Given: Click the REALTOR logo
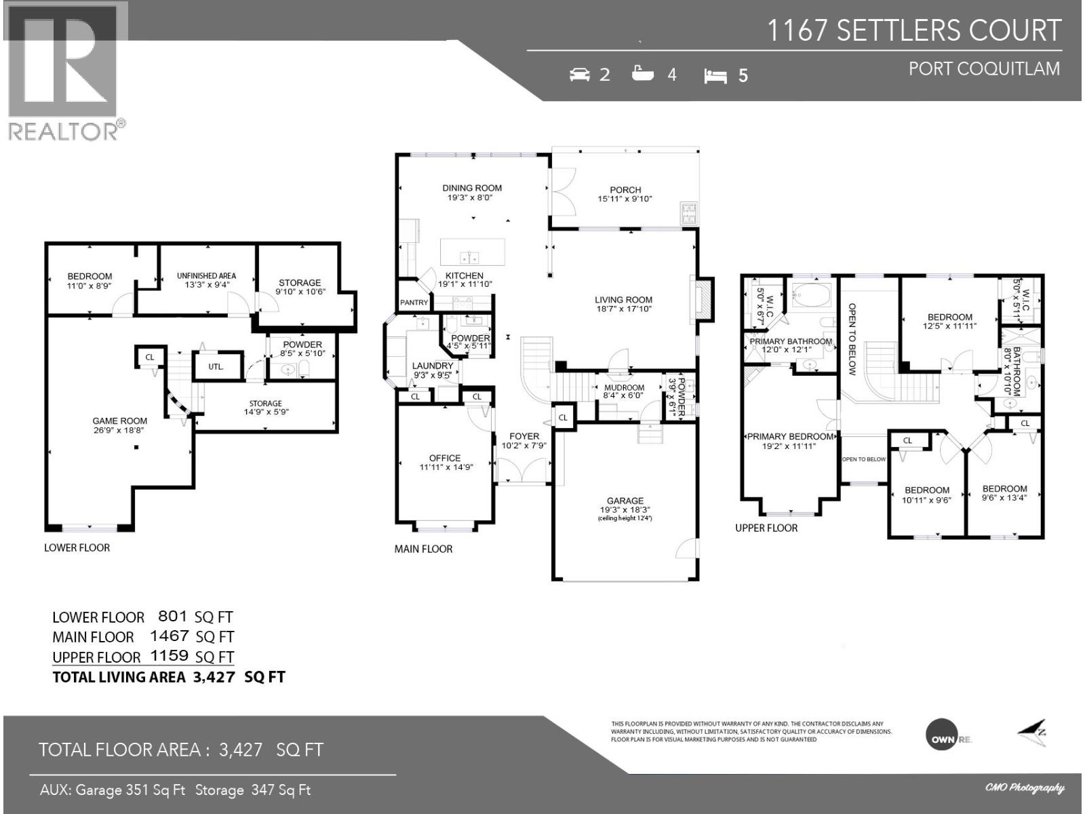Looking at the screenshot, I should [66, 71].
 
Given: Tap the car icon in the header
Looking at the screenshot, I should [579, 74].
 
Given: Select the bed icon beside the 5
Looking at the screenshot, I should [715, 75].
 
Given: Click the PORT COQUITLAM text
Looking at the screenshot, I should [984, 69].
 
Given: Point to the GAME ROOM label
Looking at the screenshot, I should [119, 421].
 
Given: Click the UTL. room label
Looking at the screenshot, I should [216, 366].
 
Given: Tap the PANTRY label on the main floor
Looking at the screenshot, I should [414, 303].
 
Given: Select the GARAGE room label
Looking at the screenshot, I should [625, 501].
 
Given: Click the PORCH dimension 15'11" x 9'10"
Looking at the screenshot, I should [625, 199].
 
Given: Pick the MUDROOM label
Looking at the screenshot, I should [624, 388].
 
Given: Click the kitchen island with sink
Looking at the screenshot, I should [472, 252].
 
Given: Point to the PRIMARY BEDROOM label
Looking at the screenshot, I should [790, 436].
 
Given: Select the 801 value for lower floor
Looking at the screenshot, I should [172, 616].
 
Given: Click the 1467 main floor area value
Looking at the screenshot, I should [169, 636].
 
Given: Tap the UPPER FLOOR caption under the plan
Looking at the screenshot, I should [766, 528].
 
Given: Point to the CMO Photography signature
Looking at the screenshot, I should [1025, 788].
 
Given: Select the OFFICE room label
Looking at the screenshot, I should [444, 458].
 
